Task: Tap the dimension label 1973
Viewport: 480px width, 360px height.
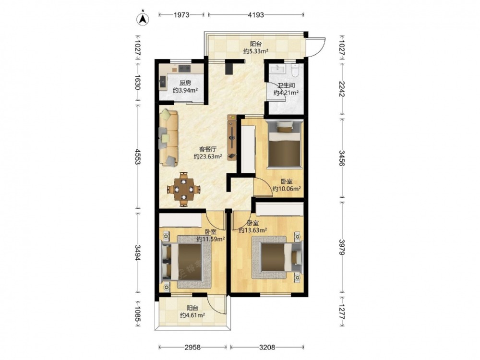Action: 182,15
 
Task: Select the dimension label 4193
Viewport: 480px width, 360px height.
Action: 256,15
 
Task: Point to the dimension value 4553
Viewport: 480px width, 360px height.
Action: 138,157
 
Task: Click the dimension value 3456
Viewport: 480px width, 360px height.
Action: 342,158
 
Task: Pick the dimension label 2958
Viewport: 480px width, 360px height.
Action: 192,347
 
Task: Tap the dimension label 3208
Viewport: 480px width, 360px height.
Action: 267,347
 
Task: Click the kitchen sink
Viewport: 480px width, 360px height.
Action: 163,82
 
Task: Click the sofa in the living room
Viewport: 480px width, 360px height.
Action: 168,138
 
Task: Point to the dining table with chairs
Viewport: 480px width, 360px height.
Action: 184,190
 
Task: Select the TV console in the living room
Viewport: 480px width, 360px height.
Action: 232,137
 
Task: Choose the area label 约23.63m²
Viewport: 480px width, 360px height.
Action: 208,156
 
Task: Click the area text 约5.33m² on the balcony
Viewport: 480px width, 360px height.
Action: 256,51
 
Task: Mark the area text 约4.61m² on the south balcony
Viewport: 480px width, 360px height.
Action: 192,315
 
